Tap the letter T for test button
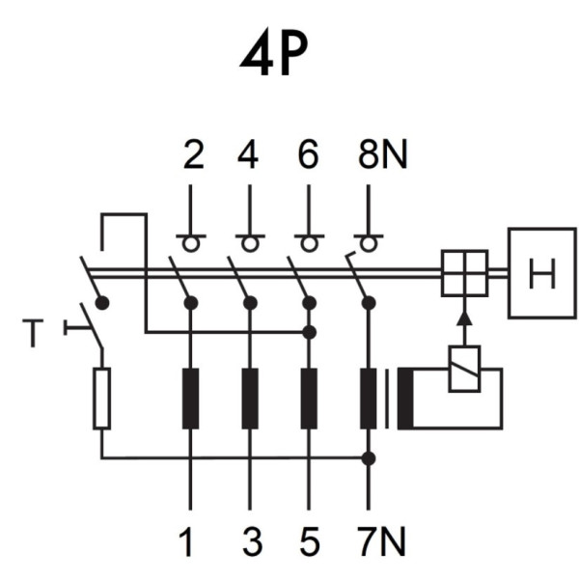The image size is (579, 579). click(x=36, y=333)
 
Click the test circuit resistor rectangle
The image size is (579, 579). click(x=101, y=398)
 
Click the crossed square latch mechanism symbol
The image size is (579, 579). click(x=464, y=273)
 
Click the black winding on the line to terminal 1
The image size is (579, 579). click(x=190, y=398)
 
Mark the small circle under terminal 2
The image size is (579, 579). click(x=190, y=243)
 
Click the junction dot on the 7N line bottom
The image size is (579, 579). click(x=368, y=457)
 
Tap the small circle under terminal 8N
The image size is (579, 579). click(x=368, y=243)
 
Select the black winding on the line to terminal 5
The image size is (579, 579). click(x=309, y=398)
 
